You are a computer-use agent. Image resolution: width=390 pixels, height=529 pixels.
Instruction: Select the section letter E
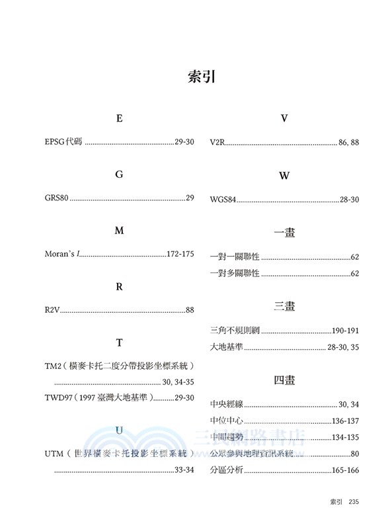[120, 119]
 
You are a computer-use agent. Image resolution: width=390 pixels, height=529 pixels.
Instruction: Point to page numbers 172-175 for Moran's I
[180, 255]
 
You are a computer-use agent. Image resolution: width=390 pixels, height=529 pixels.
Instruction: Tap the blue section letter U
[120, 430]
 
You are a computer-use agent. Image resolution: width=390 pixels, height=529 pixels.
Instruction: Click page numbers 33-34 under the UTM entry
[184, 470]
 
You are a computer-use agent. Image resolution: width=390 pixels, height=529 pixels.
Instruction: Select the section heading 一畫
[284, 232]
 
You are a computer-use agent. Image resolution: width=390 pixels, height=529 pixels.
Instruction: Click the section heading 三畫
[284, 306]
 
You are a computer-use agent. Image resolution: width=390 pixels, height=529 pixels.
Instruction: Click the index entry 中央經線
[227, 403]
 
